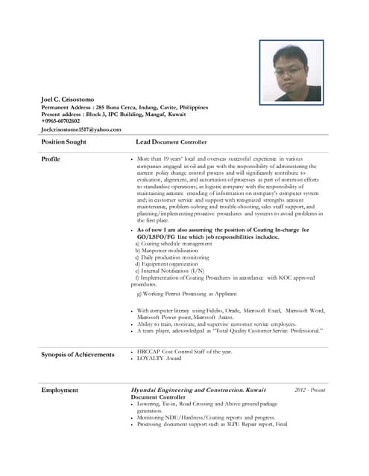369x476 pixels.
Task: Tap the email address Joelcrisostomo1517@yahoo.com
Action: (81, 129)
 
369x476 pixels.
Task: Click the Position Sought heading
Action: (64, 141)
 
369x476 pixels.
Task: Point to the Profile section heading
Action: (51, 159)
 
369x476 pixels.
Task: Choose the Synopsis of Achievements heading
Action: (78, 355)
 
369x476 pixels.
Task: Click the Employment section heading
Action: (60, 390)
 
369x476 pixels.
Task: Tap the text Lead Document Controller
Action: (171, 141)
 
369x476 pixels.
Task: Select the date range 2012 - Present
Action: (309, 390)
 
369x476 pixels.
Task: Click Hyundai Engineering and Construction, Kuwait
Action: (198, 390)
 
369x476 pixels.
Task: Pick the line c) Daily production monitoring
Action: (168, 257)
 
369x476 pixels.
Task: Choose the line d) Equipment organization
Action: (163, 264)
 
